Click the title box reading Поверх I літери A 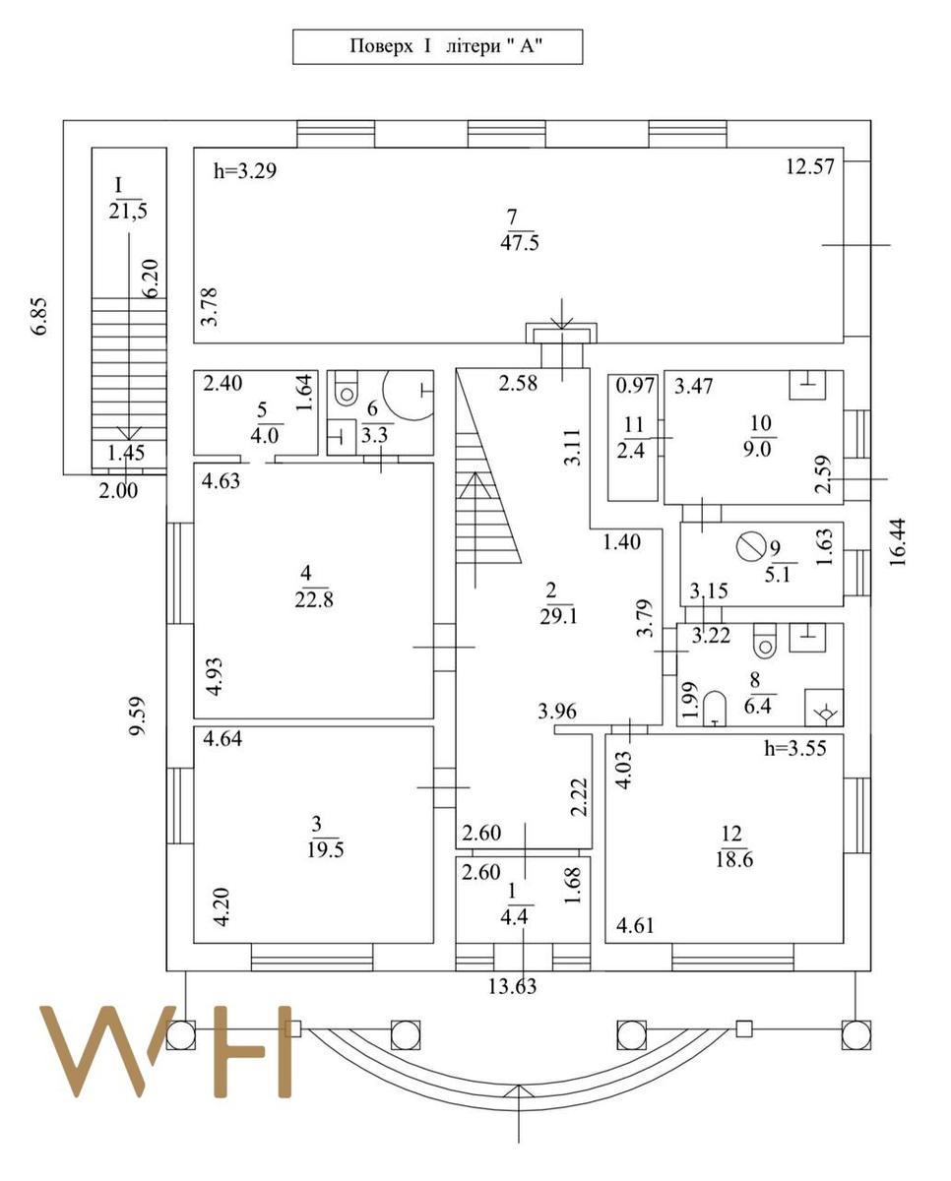pos(437,47)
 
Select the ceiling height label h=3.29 pos(245,171)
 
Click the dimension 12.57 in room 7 pos(809,166)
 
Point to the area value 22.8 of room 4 pos(315,599)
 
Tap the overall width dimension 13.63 pos(513,986)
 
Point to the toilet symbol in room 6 pos(344,394)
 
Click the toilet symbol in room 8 pos(764,645)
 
